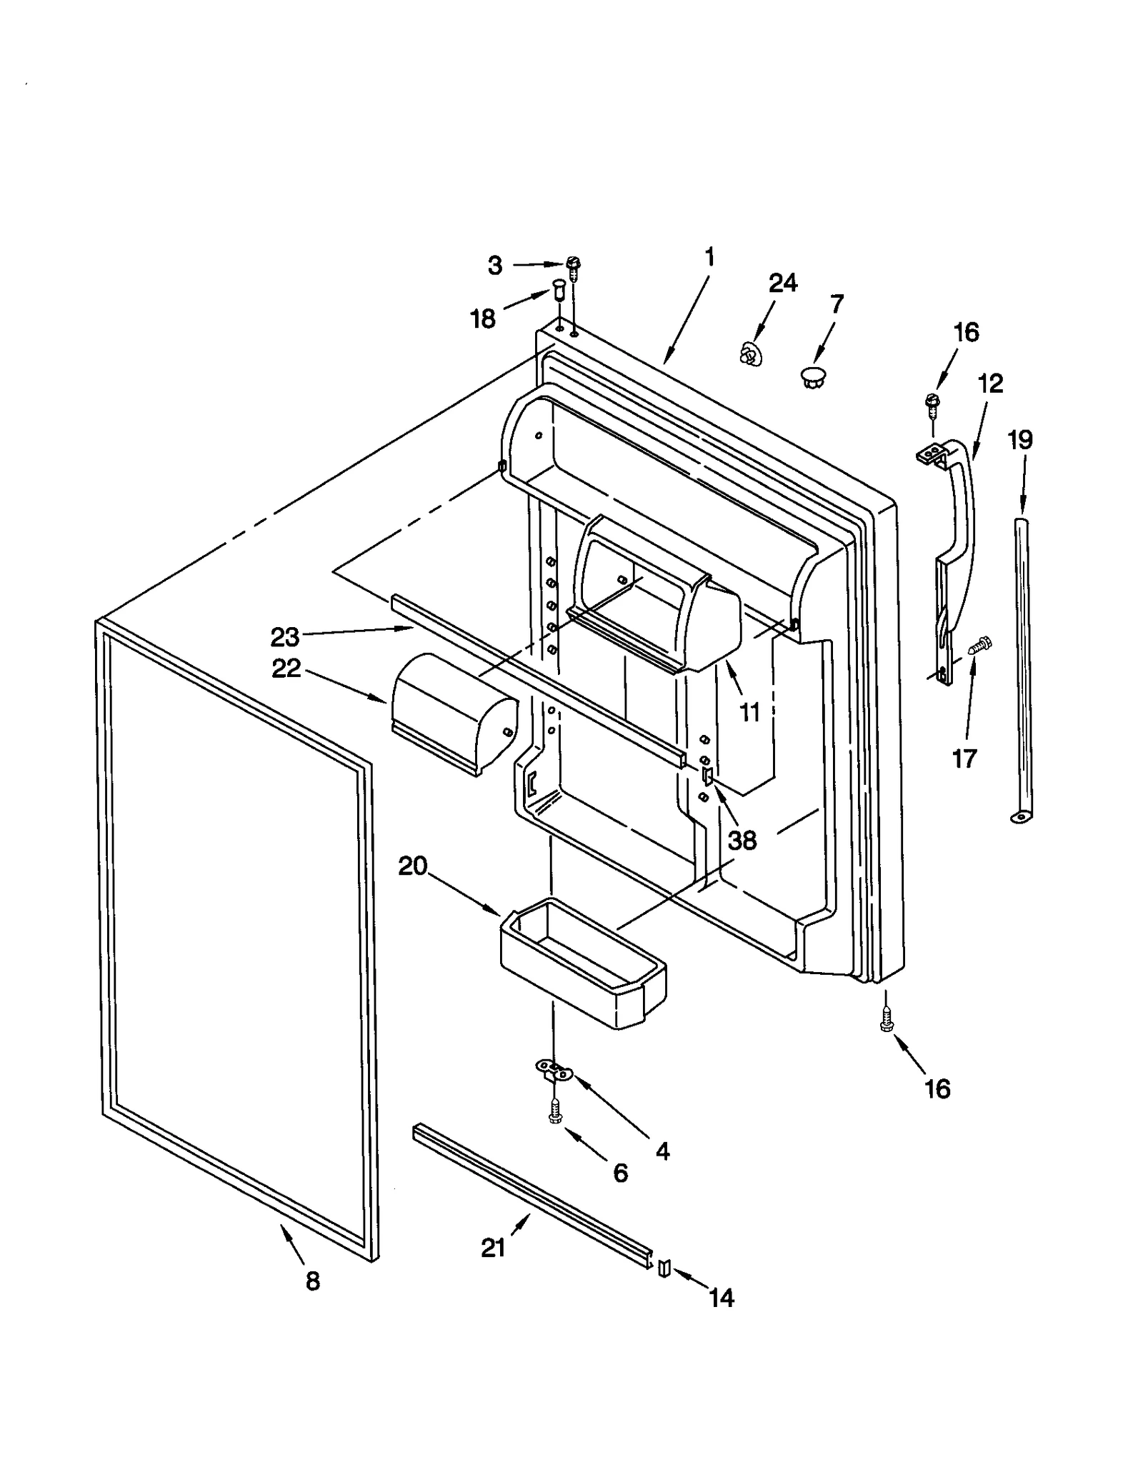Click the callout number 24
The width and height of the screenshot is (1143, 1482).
[782, 284]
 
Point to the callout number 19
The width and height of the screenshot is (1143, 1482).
[1020, 440]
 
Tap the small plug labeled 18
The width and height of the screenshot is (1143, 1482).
[558, 291]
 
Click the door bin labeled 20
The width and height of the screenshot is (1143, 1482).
[582, 964]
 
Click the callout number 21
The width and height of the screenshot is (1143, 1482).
[493, 1248]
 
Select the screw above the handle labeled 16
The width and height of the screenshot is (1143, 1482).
[932, 404]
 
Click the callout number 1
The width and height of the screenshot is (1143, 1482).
[709, 256]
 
